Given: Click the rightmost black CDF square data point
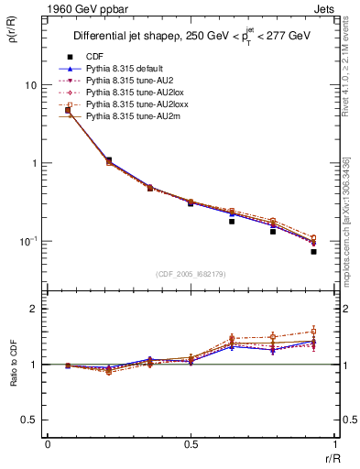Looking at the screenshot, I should (x=312, y=251).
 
